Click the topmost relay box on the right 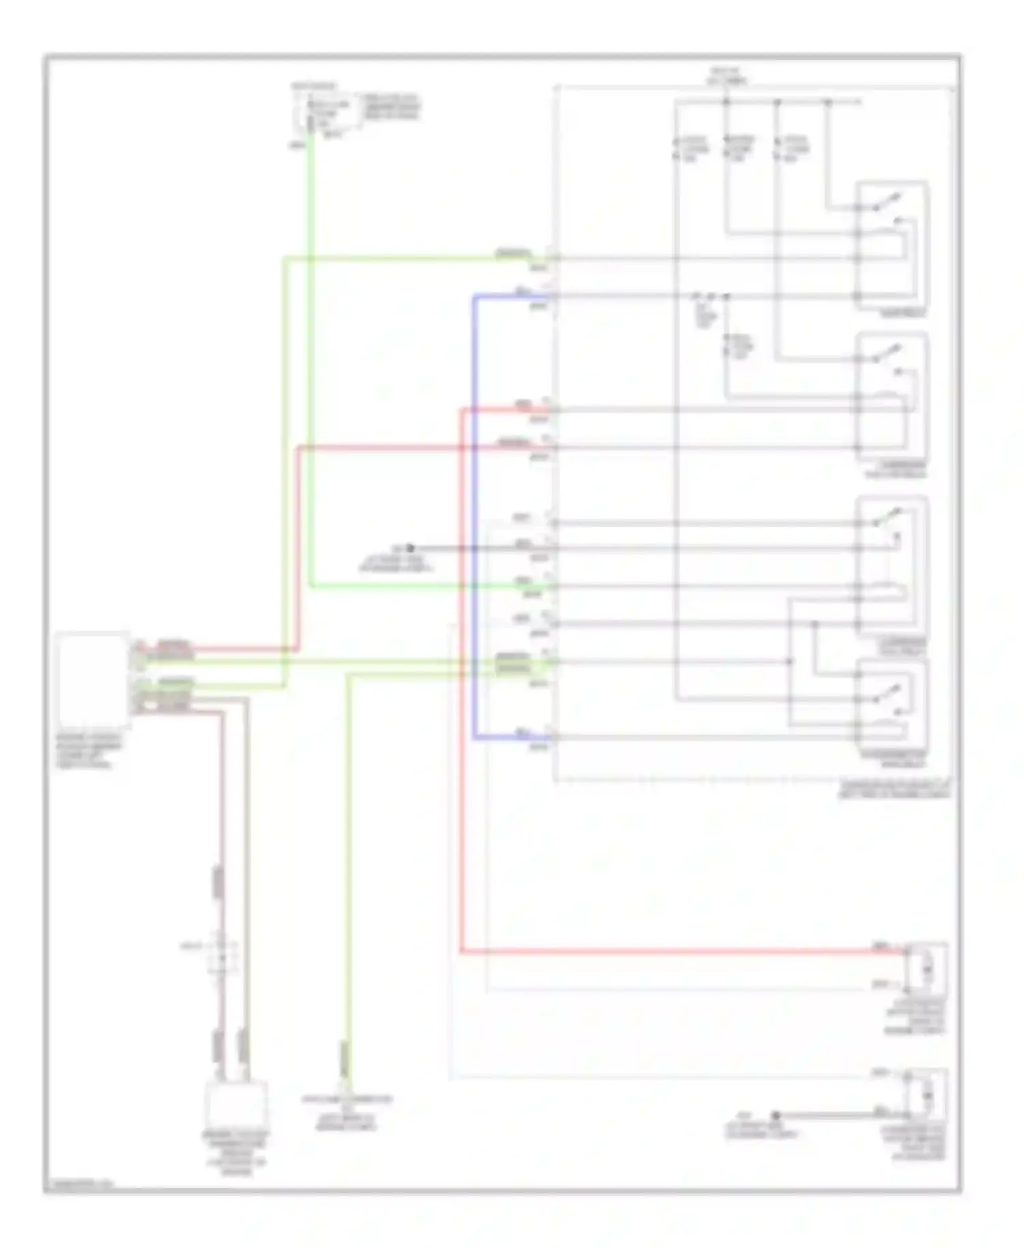click(x=892, y=245)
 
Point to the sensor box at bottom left click(x=236, y=1105)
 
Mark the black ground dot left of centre click(x=410, y=548)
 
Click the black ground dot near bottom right click(x=776, y=1115)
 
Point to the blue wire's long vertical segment click(x=474, y=519)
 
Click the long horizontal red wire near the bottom click(x=683, y=951)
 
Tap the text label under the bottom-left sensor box click(x=236, y=1153)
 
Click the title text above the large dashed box click(x=728, y=76)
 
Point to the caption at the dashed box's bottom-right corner click(x=894, y=789)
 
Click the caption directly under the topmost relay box click(x=903, y=313)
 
